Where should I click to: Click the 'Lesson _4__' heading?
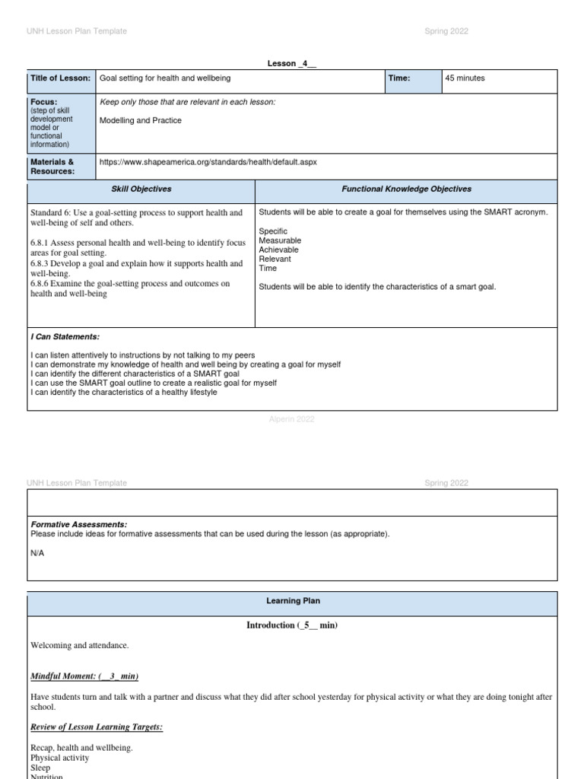pos(291,63)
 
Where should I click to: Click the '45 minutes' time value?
pos(465,78)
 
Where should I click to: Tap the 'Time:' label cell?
pos(399,78)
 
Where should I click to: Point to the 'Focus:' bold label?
pos(44,102)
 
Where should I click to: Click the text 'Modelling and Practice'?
pos(141,120)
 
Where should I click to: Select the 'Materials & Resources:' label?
pos(52,167)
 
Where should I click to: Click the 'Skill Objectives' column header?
pos(141,189)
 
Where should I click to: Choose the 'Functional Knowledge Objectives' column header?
pos(406,189)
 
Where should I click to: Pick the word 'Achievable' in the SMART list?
pos(278,250)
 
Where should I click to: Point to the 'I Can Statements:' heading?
pos(65,336)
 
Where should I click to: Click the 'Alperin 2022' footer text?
pos(292,419)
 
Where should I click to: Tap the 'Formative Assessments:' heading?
pos(79,524)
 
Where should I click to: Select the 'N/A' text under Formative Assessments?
pos(37,553)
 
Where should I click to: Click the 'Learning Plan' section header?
pos(293,601)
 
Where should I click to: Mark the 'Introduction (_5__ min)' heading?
pos(291,625)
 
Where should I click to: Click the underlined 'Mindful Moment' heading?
pos(84,676)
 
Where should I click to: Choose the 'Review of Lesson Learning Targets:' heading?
pos(97,727)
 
